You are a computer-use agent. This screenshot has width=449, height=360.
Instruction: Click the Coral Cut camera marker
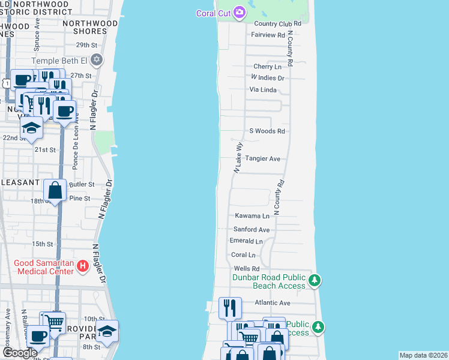click(x=240, y=13)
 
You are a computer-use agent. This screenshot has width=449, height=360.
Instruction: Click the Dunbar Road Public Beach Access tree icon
click(x=314, y=280)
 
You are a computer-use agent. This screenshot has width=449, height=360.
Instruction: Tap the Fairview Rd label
click(x=268, y=35)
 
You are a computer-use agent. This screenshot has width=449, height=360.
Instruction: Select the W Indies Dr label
click(x=267, y=78)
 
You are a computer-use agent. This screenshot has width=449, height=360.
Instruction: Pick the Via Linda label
click(x=263, y=89)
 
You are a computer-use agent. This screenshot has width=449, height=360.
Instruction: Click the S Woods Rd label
click(x=267, y=131)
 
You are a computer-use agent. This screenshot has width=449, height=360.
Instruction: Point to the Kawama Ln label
click(x=252, y=215)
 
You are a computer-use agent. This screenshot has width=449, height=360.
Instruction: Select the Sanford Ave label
click(x=252, y=229)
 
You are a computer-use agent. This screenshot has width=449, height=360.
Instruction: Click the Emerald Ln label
click(x=246, y=241)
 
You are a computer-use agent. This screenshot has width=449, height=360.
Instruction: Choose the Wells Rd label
click(x=246, y=268)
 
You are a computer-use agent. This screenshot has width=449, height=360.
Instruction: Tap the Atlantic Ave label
click(x=272, y=303)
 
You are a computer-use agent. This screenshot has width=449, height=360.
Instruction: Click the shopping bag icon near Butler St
click(x=55, y=191)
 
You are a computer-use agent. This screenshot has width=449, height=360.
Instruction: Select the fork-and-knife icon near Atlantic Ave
click(x=230, y=308)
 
